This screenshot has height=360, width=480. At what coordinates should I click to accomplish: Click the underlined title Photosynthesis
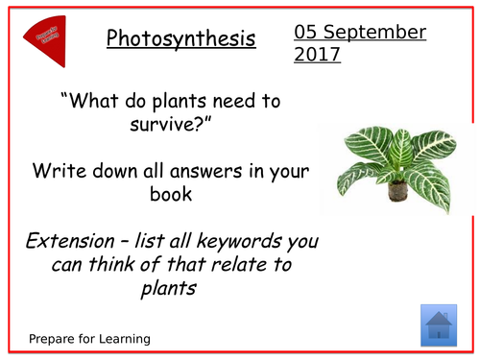click(x=180, y=39)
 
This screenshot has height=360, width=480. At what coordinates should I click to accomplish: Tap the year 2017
click(x=317, y=56)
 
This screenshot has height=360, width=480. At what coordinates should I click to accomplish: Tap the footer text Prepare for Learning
click(x=88, y=339)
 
